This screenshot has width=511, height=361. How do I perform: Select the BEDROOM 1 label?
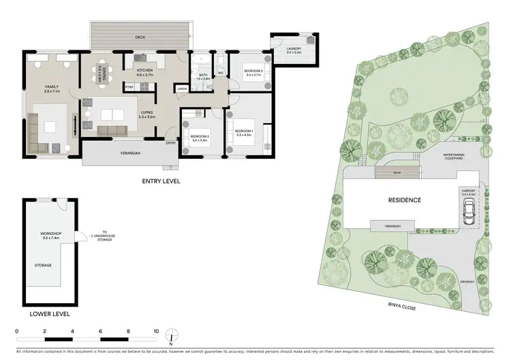243,131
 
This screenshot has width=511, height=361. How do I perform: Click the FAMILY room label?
52,87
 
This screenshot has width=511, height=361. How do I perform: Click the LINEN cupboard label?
182,89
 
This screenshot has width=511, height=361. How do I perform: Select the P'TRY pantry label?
128,87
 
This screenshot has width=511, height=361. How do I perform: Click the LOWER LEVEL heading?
48,314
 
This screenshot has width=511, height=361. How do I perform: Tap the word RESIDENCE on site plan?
405,200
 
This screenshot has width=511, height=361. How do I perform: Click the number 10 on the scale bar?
156,330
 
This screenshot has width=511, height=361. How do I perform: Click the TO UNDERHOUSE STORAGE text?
104,236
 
